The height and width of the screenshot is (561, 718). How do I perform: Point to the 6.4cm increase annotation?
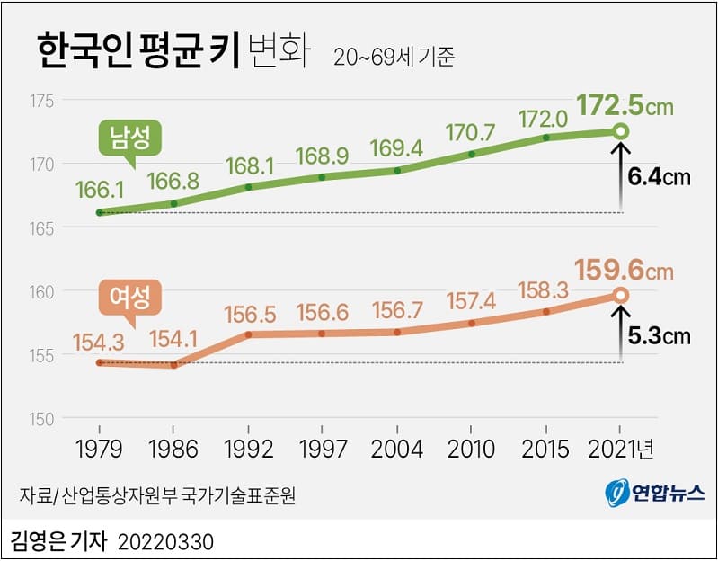tap(659, 176)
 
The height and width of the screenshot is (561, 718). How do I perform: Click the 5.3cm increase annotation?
tap(659, 336)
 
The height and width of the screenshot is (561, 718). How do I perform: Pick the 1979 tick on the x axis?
tap(99, 447)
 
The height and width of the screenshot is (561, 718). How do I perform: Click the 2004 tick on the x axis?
tap(396, 447)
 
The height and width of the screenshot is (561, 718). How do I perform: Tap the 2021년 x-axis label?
tap(624, 447)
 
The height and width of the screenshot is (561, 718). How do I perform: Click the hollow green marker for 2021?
tap(620, 132)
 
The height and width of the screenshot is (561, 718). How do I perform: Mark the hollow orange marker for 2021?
tap(620, 295)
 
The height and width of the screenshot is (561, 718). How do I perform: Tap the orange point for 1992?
tap(247, 334)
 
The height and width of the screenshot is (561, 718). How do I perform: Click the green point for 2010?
tap(471, 154)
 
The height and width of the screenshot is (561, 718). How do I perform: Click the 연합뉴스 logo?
tap(654, 494)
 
